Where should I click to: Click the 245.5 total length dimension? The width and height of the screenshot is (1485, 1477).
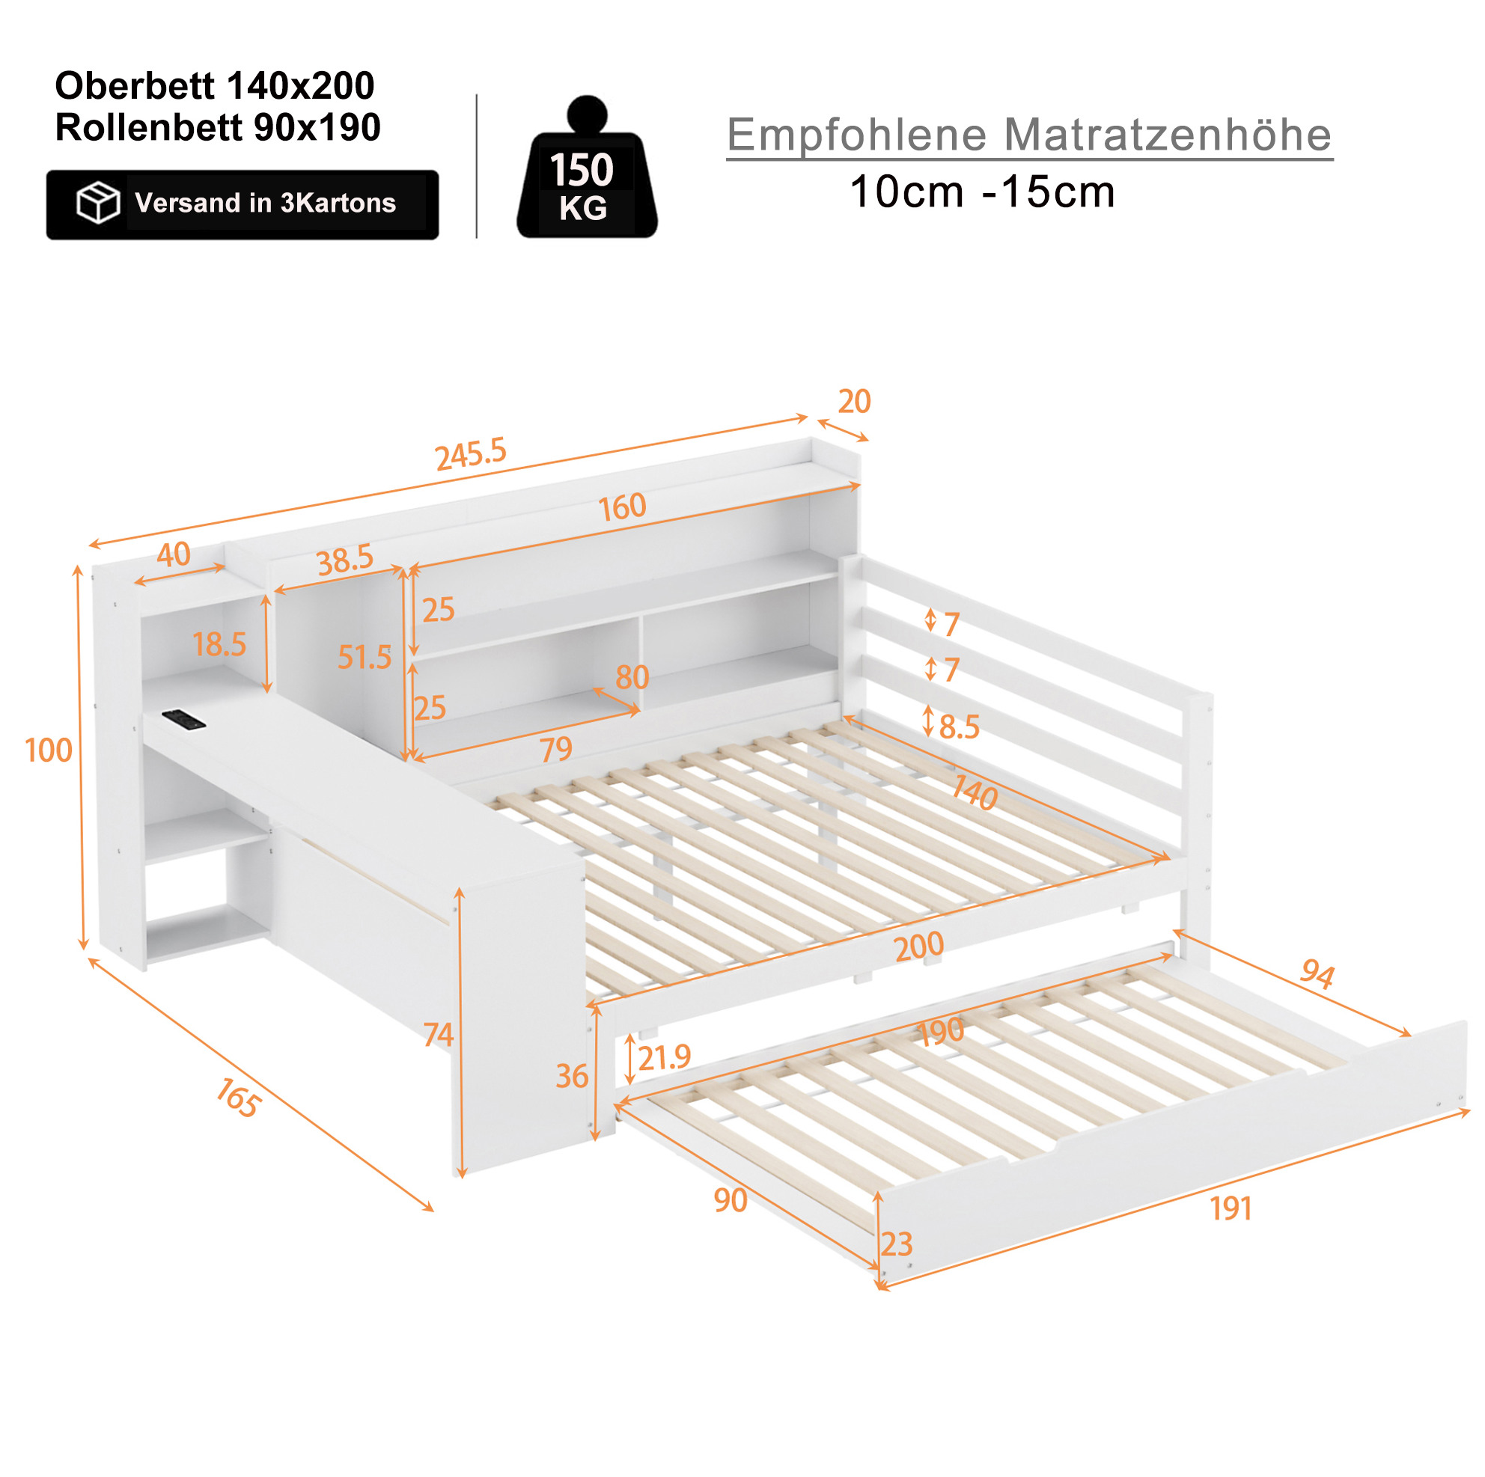click(x=470, y=454)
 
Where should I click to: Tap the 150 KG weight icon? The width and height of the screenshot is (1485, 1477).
click(x=587, y=167)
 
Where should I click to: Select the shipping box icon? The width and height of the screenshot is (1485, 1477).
click(x=97, y=203)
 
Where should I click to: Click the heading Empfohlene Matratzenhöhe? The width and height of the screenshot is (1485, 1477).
click(x=1029, y=135)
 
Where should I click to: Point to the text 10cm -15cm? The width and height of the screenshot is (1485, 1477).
click(x=982, y=192)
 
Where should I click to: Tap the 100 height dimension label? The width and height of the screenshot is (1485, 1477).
click(x=49, y=750)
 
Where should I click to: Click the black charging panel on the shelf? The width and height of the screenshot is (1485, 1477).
click(x=184, y=719)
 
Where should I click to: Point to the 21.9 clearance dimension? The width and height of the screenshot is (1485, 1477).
click(x=664, y=1058)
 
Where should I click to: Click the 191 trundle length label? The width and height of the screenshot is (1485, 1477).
click(x=1231, y=1209)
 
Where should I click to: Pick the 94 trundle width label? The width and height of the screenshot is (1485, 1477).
click(x=1317, y=973)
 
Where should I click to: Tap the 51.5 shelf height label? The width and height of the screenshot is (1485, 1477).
click(x=365, y=657)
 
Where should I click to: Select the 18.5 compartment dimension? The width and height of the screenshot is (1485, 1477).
click(x=219, y=645)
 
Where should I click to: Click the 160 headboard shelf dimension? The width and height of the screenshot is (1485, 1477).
click(x=623, y=507)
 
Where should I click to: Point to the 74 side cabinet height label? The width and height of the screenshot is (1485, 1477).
click(x=439, y=1034)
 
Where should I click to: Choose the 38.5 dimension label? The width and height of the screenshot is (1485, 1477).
click(x=345, y=559)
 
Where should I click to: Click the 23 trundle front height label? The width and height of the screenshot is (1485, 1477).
click(x=896, y=1244)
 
